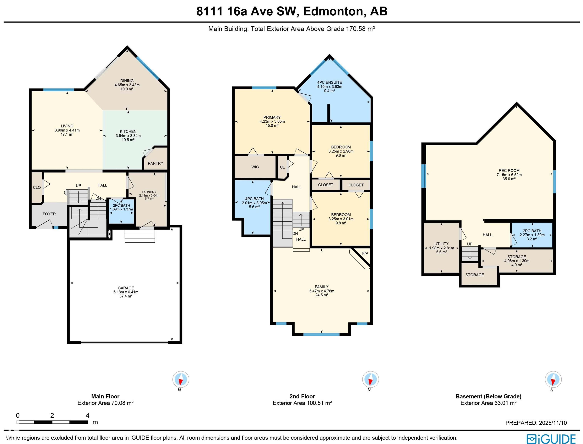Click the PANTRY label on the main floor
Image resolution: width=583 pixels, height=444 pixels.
click(155, 163)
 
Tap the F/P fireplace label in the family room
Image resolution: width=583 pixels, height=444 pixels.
click(365, 253)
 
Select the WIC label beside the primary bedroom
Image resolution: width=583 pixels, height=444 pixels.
click(255, 167)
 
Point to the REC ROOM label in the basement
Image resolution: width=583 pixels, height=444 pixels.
click(509, 171)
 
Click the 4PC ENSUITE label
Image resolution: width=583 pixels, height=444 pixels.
click(330, 82)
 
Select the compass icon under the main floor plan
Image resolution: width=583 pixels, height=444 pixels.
click(181, 379)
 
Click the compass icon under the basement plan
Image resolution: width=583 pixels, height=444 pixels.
click(553, 379)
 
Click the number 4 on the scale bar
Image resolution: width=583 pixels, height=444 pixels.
click(88, 415)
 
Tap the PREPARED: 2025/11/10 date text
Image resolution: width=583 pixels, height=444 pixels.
click(536, 423)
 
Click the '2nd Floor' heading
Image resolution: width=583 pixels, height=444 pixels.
click(302, 396)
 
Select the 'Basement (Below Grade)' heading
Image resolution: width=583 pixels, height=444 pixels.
click(488, 396)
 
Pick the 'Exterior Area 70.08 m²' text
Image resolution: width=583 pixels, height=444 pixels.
click(105, 403)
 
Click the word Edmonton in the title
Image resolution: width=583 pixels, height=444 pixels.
click(333, 11)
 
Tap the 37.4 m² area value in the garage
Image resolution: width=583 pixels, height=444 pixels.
click(126, 296)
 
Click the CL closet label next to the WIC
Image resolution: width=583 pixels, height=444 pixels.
click(282, 167)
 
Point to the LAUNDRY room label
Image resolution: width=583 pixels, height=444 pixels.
click(149, 192)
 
